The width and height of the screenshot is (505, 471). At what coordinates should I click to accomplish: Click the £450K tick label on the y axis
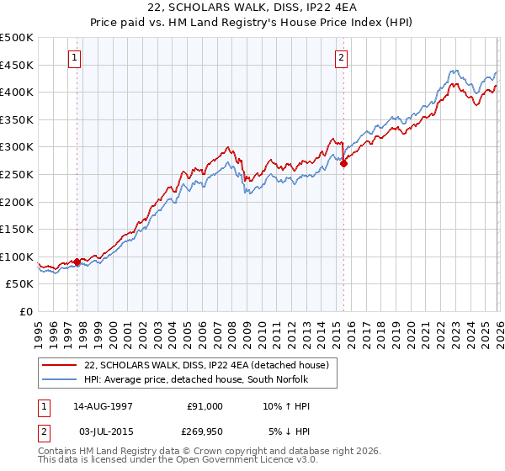point(17,65)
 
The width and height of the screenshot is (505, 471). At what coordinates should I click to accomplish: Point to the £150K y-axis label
point(17,229)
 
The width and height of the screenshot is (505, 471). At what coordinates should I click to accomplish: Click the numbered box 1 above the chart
point(76,58)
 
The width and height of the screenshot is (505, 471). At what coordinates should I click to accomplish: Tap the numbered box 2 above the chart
point(341,58)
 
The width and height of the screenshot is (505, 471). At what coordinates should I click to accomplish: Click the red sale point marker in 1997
point(77,262)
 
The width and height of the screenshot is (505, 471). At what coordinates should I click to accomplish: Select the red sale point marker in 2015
point(343,164)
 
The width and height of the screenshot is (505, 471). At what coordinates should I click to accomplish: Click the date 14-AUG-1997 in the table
point(103,406)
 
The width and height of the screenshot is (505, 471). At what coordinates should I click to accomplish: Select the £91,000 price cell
point(205,406)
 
